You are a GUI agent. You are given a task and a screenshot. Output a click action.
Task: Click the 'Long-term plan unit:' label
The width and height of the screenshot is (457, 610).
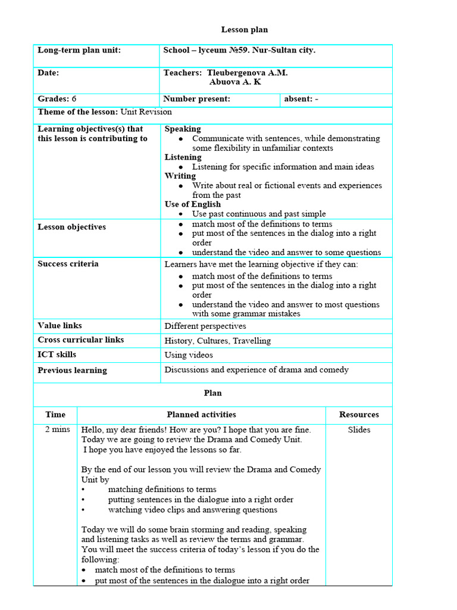79,50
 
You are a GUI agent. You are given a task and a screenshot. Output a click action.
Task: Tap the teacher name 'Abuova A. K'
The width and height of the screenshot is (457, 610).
235,82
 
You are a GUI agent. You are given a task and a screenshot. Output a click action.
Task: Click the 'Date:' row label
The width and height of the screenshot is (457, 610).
48,73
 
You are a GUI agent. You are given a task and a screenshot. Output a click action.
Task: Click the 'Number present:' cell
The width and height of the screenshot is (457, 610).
196,99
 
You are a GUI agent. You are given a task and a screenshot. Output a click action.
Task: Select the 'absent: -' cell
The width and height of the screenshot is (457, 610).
301,99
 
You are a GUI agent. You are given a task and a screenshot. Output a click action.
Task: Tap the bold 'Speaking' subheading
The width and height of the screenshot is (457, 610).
183,129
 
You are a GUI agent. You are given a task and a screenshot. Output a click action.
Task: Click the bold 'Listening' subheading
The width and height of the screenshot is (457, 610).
183,157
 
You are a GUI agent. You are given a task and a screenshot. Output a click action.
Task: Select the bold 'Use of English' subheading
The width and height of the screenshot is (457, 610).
192,204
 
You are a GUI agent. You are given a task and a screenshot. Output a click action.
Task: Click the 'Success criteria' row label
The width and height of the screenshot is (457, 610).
68,263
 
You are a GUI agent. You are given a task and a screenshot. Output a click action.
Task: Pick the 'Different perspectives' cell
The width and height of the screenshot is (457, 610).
205,326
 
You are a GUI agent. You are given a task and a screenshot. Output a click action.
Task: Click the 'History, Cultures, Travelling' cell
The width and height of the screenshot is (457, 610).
217,341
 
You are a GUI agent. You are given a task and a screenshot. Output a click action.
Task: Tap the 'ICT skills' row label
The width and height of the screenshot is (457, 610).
57,354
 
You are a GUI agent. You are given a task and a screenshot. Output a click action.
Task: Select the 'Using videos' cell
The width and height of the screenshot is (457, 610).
188,355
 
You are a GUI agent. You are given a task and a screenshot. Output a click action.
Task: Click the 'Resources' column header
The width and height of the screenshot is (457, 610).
359,415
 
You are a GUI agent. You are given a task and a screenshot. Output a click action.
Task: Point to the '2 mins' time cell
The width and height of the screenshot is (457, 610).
57,430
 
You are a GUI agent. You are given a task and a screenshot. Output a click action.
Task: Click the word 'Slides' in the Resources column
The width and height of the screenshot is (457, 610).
359,430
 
